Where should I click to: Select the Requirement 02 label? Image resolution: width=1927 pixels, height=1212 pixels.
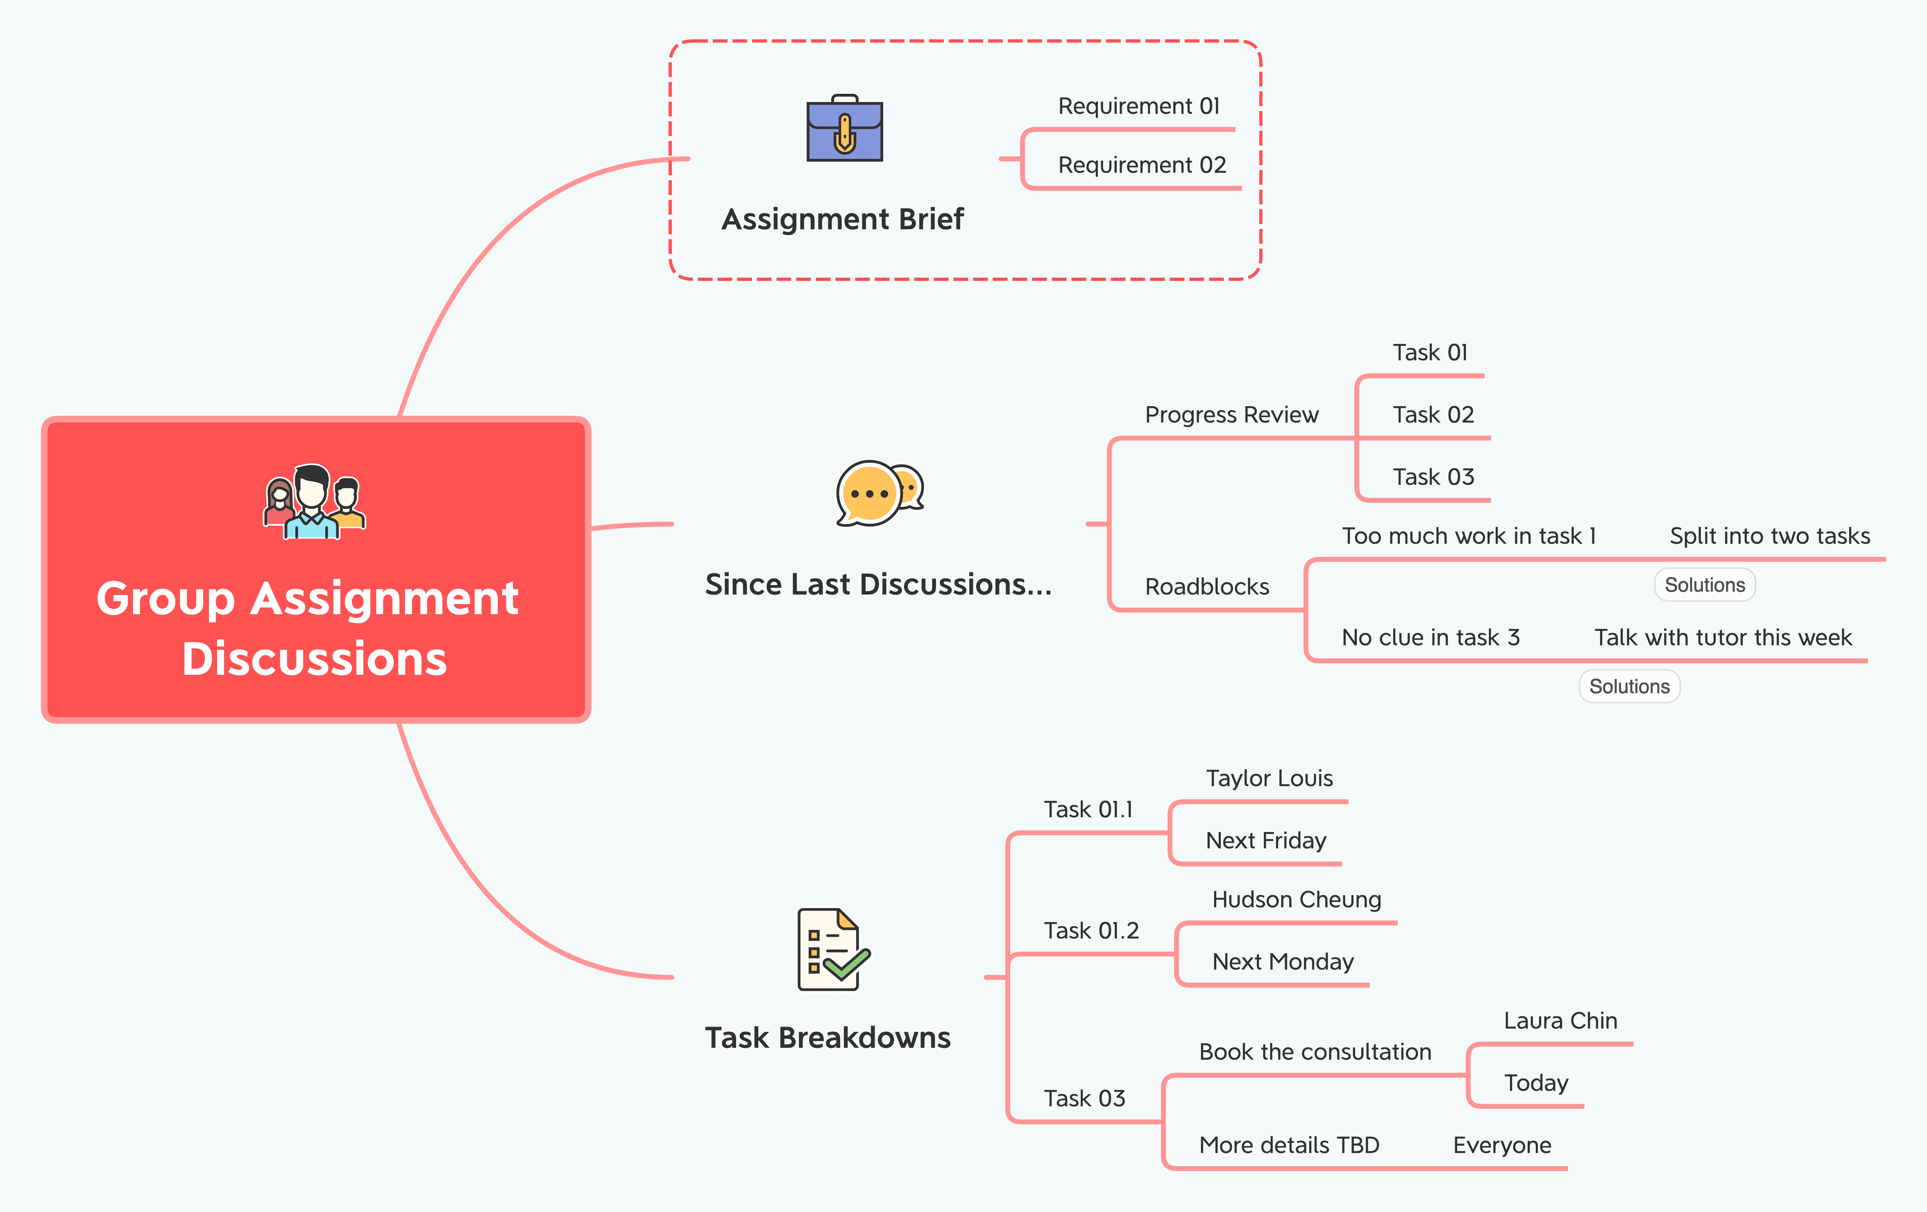tap(1142, 165)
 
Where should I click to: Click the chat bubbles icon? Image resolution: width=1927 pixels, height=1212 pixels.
tap(880, 493)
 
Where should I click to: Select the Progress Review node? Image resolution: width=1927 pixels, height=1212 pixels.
tap(1231, 414)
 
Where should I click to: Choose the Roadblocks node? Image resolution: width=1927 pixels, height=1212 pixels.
tap(1207, 586)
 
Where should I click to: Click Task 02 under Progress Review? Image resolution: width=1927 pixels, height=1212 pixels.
tap(1433, 414)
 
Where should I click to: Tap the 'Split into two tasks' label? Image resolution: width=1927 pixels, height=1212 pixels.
tap(1769, 536)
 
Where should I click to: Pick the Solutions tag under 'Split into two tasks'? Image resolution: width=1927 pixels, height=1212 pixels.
tap(1705, 585)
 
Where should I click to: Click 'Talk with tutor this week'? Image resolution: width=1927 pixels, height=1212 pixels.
tap(1723, 638)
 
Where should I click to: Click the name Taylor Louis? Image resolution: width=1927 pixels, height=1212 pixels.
tap(1269, 778)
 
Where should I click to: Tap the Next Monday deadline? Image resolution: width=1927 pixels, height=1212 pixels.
tap(1283, 961)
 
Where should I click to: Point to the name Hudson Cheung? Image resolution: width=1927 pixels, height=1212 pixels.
tap(1297, 900)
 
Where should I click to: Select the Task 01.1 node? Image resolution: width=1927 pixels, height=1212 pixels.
tap(1088, 810)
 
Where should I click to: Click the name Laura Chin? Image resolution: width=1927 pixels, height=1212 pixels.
tap(1560, 1021)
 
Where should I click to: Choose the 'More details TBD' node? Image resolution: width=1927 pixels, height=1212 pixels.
tap(1289, 1146)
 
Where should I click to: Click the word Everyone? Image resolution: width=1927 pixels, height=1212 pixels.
tap(1502, 1146)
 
